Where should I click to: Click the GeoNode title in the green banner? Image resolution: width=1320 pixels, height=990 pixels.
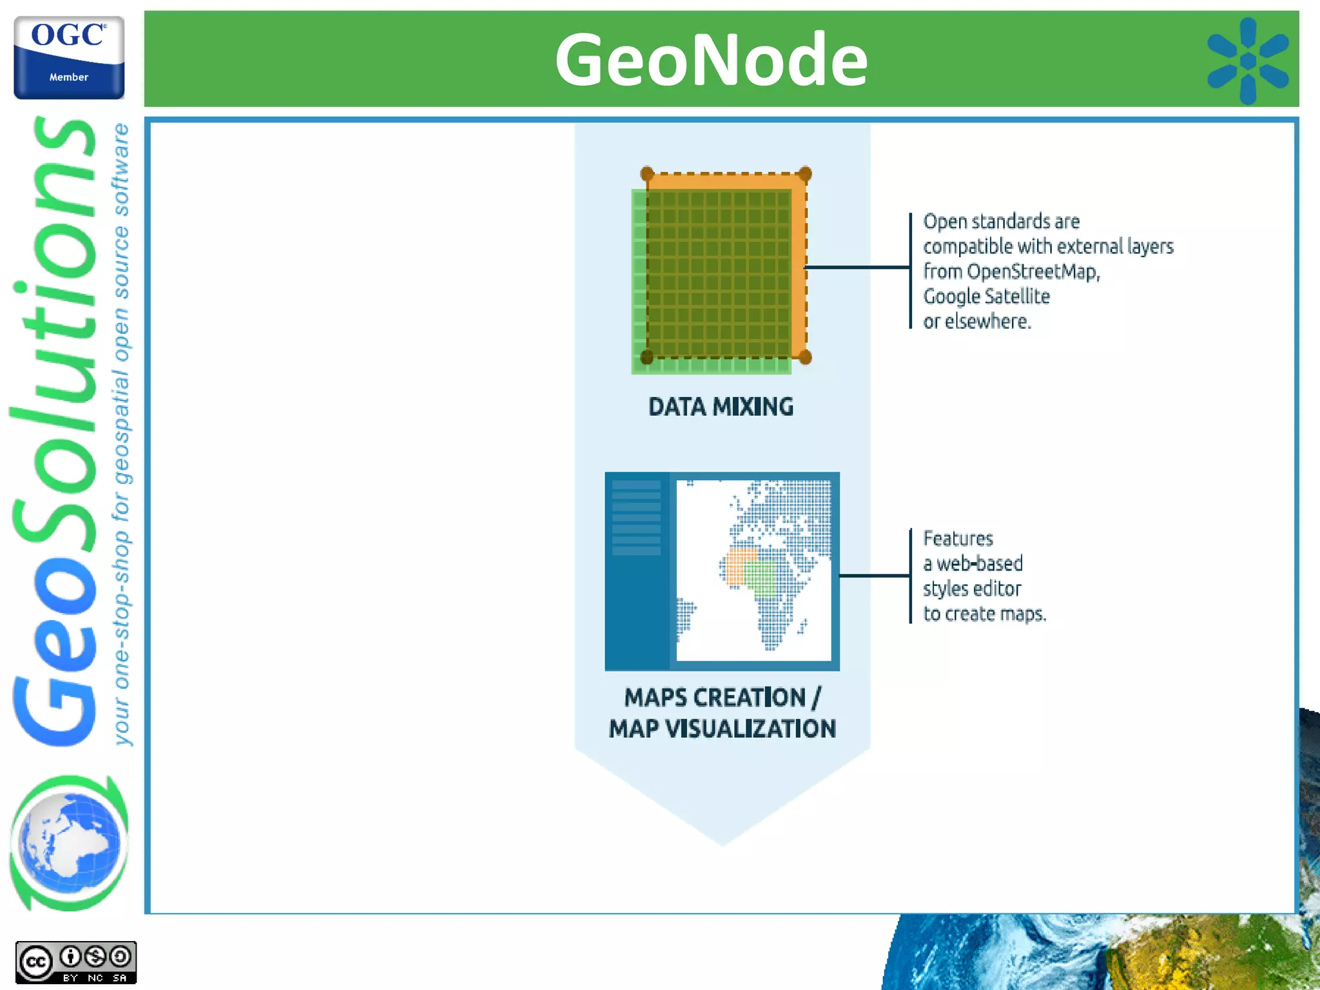point(711,60)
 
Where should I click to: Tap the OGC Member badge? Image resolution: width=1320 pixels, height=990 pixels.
point(69,58)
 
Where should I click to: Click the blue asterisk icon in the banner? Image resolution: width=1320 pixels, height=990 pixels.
point(1248,61)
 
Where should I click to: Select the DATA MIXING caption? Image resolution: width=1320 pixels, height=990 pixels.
point(721,407)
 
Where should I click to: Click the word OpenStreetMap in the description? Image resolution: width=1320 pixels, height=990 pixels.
point(1033,271)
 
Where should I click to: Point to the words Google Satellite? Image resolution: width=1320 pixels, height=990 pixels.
point(986,296)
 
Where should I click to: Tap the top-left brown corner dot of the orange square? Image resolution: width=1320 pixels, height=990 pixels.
point(647,173)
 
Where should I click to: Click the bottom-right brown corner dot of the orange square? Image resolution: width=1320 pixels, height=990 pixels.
point(805,357)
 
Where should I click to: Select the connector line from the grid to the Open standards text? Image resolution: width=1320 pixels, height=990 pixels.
point(857,267)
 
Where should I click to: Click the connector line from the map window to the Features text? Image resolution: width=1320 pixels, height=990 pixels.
point(874,575)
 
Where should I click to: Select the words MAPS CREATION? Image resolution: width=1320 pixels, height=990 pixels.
point(714,697)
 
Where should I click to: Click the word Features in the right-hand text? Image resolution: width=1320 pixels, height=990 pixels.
point(958,538)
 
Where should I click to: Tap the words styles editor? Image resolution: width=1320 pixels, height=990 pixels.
point(971,588)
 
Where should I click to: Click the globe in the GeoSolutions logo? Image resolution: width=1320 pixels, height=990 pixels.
point(70,843)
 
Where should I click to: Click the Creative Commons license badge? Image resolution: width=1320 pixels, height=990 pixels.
point(75,962)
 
